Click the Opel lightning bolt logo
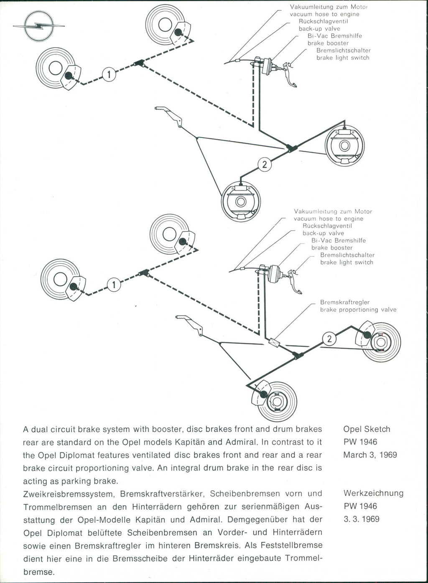tap(38, 26)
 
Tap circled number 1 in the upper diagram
tap(108, 75)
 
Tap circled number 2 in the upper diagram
tap(264, 165)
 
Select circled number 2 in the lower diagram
tap(329, 339)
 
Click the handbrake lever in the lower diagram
tap(191, 324)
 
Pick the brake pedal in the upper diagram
tap(291, 75)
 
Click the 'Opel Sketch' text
tap(367, 429)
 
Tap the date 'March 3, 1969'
tap(370, 455)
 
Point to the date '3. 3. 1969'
tap(362, 519)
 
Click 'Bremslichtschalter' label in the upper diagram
tap(343, 51)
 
